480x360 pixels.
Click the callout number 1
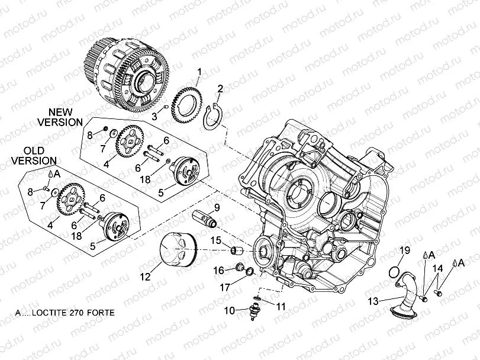click(199, 72)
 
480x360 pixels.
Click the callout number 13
click(373, 301)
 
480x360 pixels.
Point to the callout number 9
click(216, 207)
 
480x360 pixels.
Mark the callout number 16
click(218, 270)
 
